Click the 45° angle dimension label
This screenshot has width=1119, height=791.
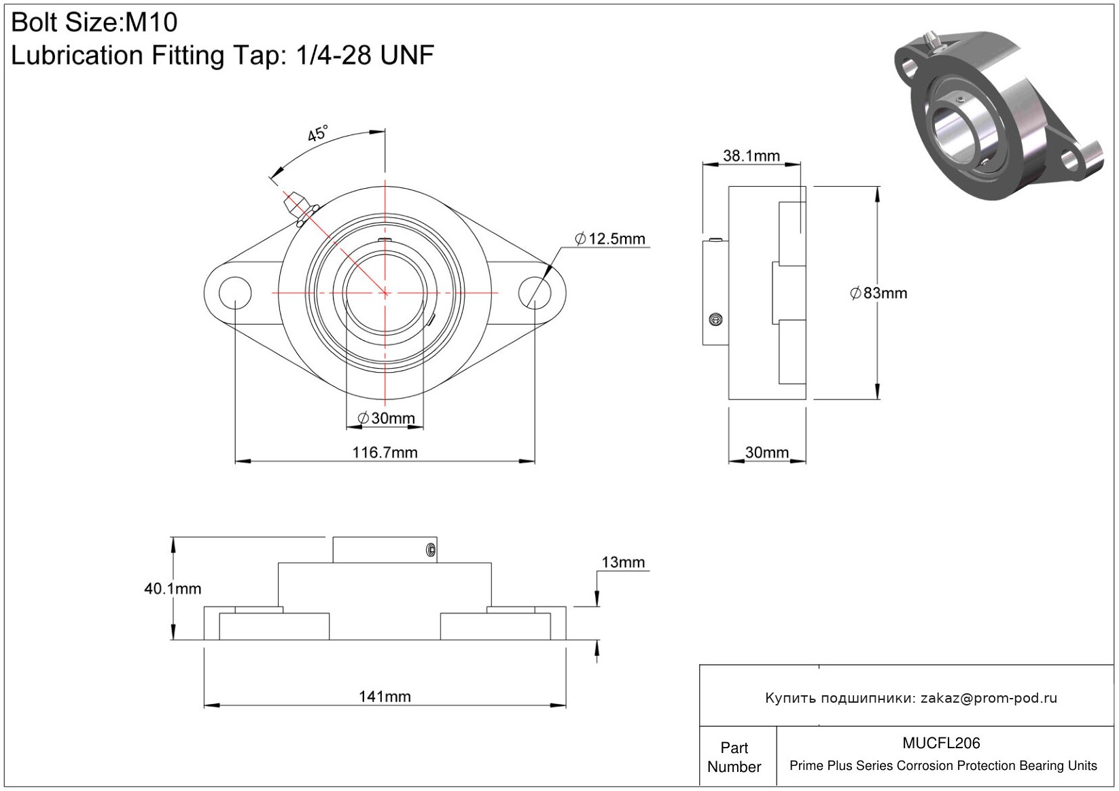[318, 133]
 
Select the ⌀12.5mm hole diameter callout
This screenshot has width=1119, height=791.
[610, 239]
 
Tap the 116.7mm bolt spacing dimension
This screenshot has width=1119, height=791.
[385, 452]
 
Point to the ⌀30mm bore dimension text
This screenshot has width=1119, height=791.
[386, 418]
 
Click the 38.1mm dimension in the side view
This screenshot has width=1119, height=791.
[751, 155]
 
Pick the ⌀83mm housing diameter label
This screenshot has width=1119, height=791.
[878, 293]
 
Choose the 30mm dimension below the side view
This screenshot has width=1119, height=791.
[767, 452]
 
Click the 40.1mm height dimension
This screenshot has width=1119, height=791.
[173, 589]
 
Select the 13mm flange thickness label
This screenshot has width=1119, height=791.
[623, 562]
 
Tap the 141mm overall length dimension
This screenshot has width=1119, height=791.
[385, 696]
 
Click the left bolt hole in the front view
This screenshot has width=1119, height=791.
[235, 293]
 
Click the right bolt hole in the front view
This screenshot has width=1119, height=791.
[535, 293]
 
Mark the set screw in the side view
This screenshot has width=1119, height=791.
[715, 319]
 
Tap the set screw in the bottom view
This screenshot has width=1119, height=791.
[431, 550]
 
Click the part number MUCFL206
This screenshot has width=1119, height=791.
[941, 743]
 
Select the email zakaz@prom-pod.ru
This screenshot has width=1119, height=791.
[989, 697]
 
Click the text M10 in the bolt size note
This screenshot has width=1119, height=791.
[151, 22]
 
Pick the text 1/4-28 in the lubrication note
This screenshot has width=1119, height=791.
[334, 55]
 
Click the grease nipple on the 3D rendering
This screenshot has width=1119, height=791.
[932, 41]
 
